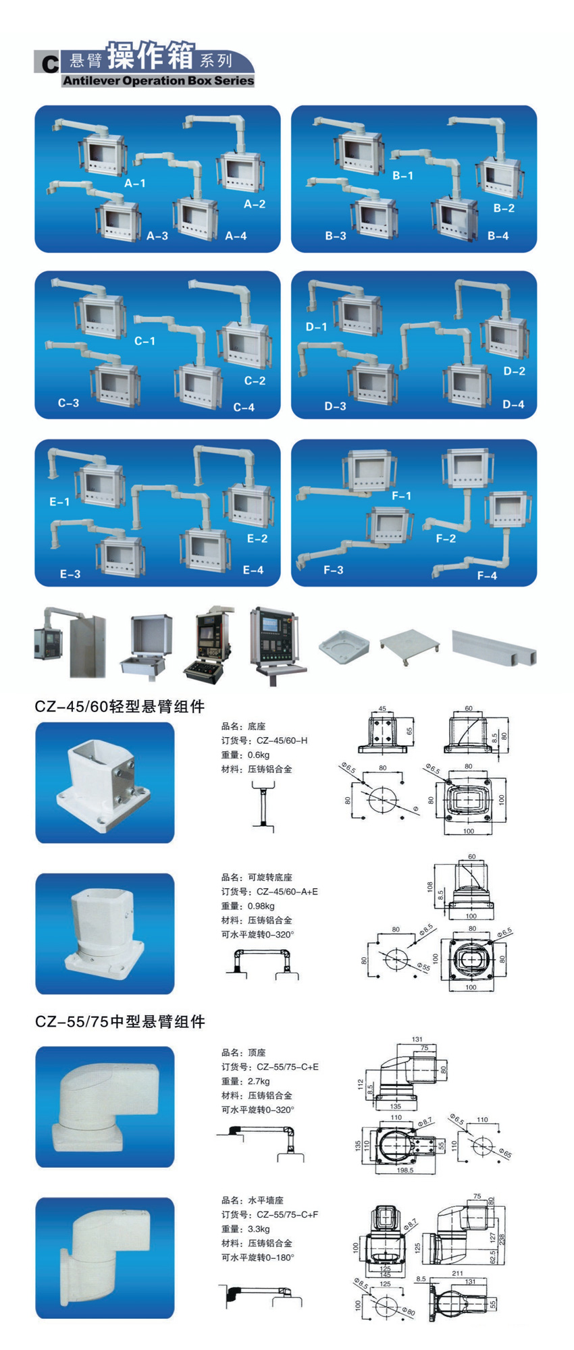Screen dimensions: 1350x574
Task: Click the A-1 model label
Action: click(135, 183)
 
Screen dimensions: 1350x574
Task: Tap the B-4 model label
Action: click(498, 236)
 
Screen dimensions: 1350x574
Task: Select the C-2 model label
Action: click(255, 381)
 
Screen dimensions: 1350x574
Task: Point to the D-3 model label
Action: click(335, 406)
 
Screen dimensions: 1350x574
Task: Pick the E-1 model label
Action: click(59, 502)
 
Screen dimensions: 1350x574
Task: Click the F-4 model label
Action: click(487, 576)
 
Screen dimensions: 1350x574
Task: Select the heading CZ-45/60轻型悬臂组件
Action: click(120, 707)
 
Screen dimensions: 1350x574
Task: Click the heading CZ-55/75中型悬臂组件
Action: click(120, 1022)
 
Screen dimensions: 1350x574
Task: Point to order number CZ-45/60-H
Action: click(282, 740)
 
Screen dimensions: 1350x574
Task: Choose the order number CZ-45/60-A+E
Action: click(287, 892)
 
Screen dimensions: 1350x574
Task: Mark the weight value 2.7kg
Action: click(259, 1081)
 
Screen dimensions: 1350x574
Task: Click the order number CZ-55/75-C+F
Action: click(287, 1215)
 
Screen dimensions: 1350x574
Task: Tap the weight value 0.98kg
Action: click(261, 906)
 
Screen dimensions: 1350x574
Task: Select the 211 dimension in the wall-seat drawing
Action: click(457, 1274)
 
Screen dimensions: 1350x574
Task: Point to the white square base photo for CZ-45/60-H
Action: click(105, 782)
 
